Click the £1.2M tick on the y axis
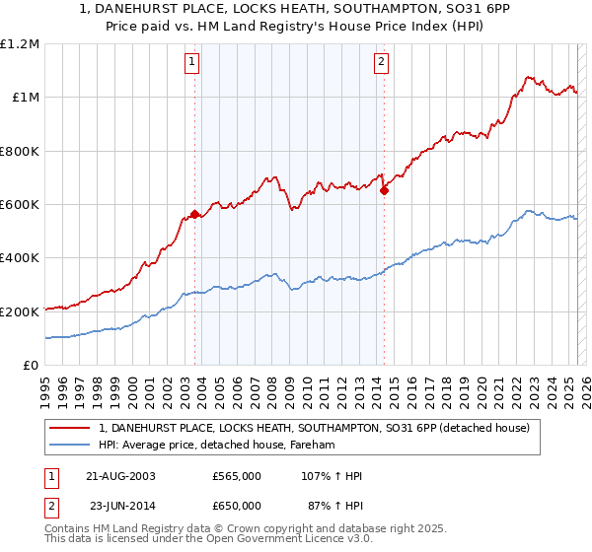21,44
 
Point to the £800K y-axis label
21,152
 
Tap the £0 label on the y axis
32,366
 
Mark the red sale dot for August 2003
195,214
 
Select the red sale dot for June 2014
384,191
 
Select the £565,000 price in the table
237,476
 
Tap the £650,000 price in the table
237,506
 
